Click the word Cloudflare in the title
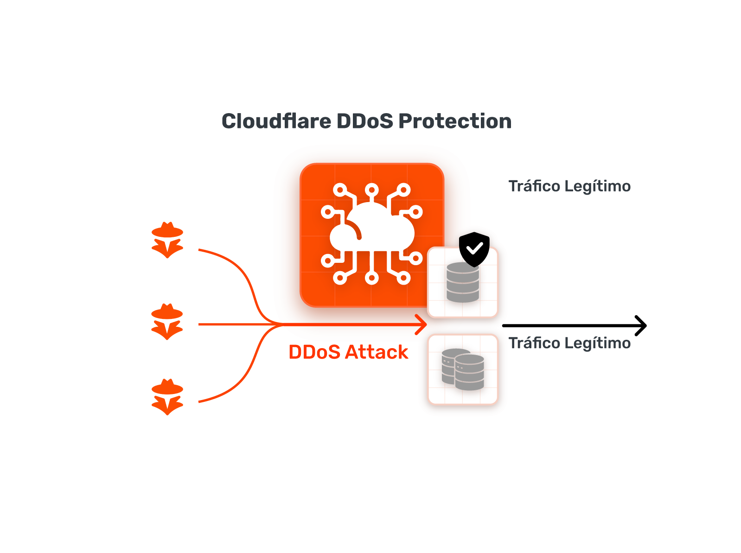tap(276, 121)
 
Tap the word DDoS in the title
tap(364, 121)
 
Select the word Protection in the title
tap(455, 121)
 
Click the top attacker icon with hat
tap(167, 240)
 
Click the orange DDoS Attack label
tap(348, 352)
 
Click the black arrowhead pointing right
tap(641, 326)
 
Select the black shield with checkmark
tap(474, 249)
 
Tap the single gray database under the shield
tap(462, 283)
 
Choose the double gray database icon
tap(463, 369)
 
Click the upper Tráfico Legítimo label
tap(569, 186)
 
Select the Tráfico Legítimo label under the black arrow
tap(569, 343)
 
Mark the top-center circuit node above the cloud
tap(371, 190)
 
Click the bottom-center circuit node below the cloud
tap(371, 278)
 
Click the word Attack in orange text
tap(377, 352)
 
